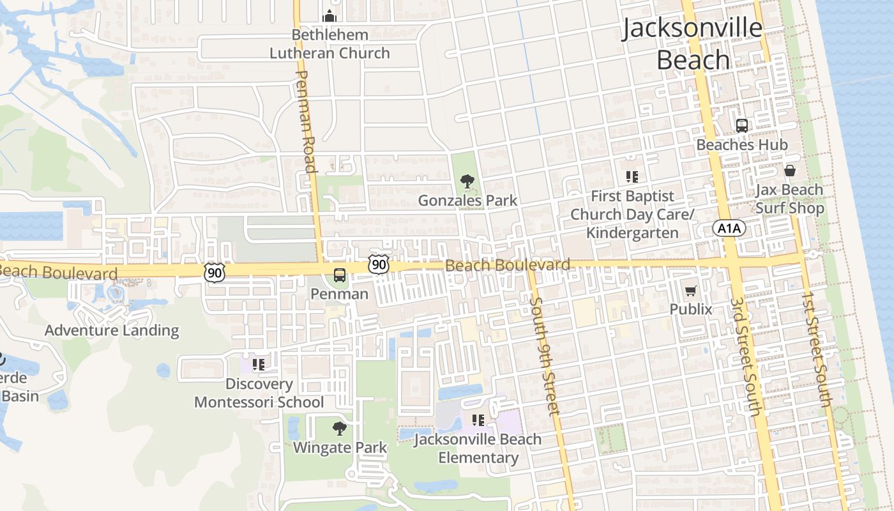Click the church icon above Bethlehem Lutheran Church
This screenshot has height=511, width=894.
tap(330, 15)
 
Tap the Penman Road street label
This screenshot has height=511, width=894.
tap(307, 121)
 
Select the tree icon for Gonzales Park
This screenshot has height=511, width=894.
tap(467, 181)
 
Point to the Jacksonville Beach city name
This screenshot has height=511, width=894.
tap(693, 43)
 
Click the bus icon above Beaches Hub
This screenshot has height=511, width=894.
tap(741, 126)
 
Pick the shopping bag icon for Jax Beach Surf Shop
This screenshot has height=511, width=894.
tap(790, 171)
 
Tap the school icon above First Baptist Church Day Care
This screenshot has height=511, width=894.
tap(632, 177)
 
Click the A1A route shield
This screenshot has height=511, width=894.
tap(729, 229)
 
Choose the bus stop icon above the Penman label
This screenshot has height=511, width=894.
tap(340, 275)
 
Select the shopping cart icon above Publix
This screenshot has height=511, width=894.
tap(690, 291)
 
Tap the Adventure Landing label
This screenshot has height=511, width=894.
tap(112, 330)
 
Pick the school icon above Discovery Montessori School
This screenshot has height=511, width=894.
tap(259, 365)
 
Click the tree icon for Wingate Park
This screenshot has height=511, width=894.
tap(340, 429)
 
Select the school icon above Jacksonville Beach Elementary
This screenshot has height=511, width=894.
tap(478, 420)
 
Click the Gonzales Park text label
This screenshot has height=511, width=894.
tap(467, 201)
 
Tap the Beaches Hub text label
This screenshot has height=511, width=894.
tap(741, 145)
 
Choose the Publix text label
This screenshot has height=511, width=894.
tap(690, 309)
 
